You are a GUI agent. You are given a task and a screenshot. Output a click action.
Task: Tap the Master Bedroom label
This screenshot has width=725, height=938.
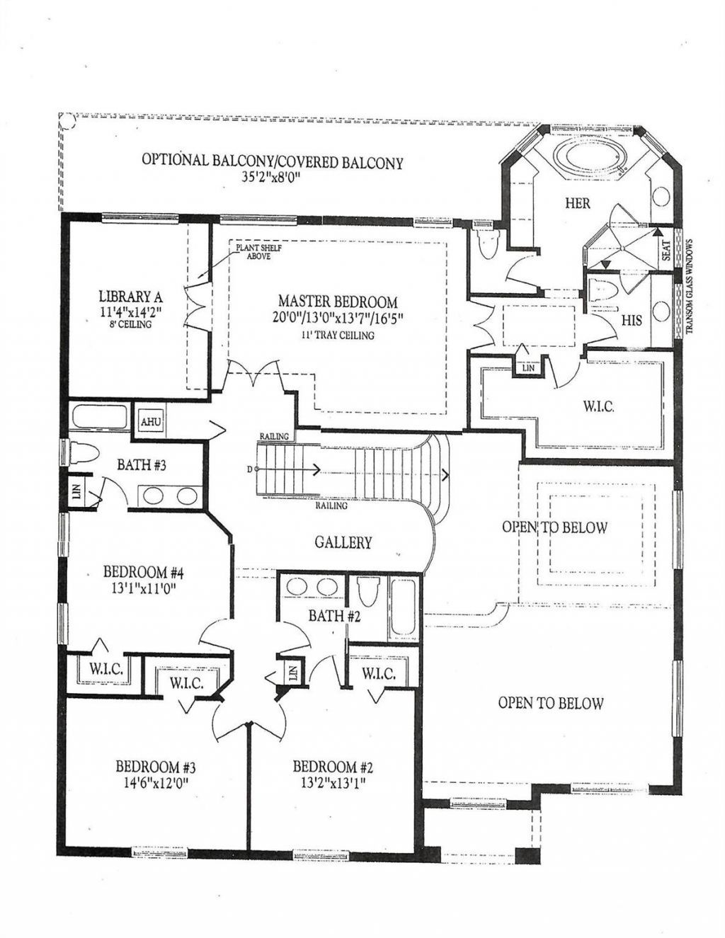(337, 302)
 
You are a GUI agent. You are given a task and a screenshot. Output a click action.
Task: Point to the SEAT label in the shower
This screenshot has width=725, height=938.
(667, 250)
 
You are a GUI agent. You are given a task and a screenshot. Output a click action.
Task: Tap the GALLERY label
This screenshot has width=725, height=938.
(343, 543)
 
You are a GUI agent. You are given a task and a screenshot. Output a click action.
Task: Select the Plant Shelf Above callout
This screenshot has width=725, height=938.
(253, 252)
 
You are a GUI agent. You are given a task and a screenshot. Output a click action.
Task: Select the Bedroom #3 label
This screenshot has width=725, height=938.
(155, 767)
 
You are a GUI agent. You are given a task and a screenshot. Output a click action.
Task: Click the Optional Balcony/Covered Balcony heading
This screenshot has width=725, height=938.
(273, 161)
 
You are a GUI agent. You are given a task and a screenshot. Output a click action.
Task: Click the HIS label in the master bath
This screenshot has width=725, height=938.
(632, 320)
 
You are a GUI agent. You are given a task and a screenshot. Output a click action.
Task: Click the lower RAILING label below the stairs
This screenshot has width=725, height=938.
(332, 506)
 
